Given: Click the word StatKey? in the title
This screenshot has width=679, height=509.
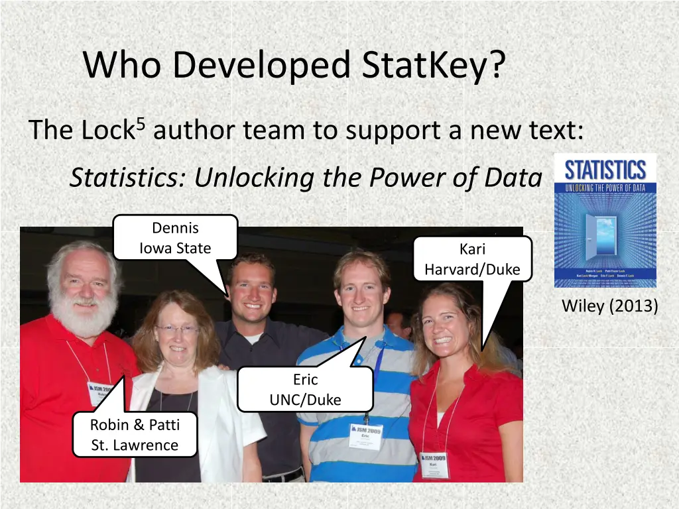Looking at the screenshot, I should click(x=434, y=65).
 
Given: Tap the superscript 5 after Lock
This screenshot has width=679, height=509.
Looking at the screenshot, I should click(x=139, y=122).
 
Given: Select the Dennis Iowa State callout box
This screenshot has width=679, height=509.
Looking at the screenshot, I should click(x=175, y=238).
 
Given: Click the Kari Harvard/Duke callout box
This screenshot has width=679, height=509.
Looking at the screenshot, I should click(x=472, y=259).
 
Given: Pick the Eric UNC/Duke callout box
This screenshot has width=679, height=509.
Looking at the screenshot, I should click(x=305, y=389).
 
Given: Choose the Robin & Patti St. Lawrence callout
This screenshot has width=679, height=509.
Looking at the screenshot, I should click(x=135, y=434).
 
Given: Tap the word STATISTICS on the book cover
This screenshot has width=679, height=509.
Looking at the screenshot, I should click(x=605, y=170).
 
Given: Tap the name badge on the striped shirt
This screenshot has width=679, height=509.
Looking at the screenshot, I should click(x=365, y=435).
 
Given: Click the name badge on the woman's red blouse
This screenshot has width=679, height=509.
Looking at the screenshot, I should click(x=434, y=464).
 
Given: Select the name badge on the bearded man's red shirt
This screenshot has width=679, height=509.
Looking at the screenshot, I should click(x=99, y=392).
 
